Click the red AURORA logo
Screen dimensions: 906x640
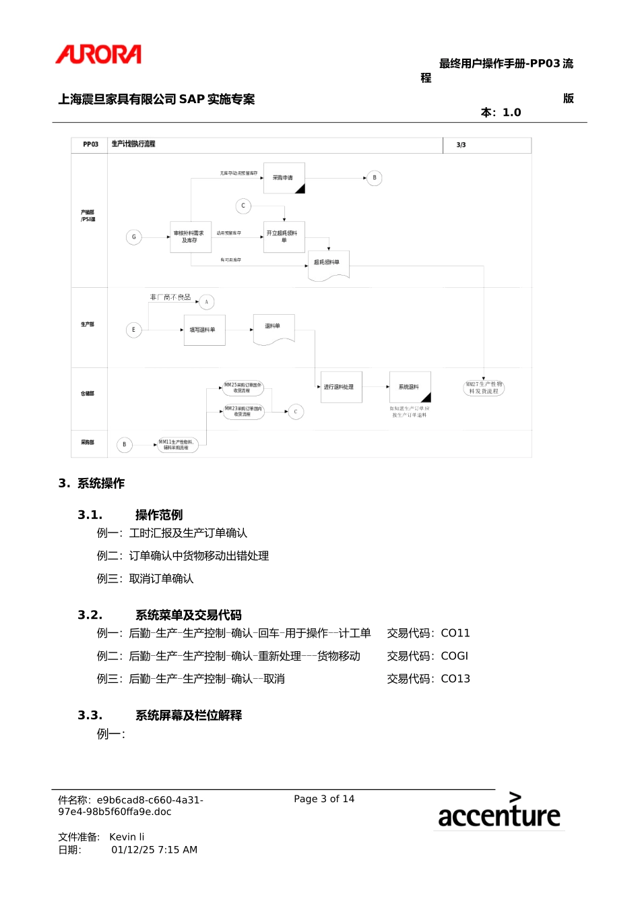pyautogui.click(x=98, y=55)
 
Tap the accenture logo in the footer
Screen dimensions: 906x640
pyautogui.click(x=499, y=811)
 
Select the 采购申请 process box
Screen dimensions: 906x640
pyautogui.click(x=284, y=178)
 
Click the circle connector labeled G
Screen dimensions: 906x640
pyautogui.click(x=134, y=237)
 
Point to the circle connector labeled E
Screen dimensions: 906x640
pyautogui.click(x=133, y=330)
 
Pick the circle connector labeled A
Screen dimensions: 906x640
pyautogui.click(x=207, y=302)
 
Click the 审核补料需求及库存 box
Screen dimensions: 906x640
pyautogui.click(x=190, y=237)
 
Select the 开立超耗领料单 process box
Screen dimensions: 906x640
pyautogui.click(x=284, y=237)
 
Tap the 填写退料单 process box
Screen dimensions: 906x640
pyautogui.click(x=204, y=330)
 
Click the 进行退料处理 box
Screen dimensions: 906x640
pyautogui.click(x=341, y=387)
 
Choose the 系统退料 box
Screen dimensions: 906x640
pyautogui.click(x=410, y=387)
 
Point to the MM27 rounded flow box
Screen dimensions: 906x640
pyautogui.click(x=484, y=388)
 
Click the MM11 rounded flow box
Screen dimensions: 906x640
pyautogui.click(x=177, y=445)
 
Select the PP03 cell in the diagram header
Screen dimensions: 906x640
pyautogui.click(x=90, y=144)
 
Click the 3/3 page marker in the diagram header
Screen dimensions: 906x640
pyautogui.click(x=461, y=145)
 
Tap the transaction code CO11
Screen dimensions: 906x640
pyautogui.click(x=455, y=633)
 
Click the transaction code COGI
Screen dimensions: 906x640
pyautogui.click(x=455, y=656)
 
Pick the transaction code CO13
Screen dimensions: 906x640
pyautogui.click(x=455, y=679)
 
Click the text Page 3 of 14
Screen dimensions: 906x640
pyautogui.click(x=324, y=799)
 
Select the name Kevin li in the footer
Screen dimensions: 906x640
pyautogui.click(x=127, y=837)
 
